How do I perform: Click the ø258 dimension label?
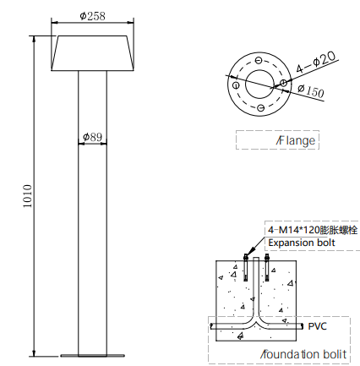[x=92, y=16]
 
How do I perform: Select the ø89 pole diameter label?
[x=92, y=137]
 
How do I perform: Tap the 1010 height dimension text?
[x=28, y=196]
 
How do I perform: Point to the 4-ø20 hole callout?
[x=316, y=62]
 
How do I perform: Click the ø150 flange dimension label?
[x=311, y=90]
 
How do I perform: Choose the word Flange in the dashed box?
[x=296, y=140]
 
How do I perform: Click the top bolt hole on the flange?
[x=259, y=60]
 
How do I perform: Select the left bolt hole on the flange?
[x=236, y=85]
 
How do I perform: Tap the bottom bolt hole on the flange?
[x=261, y=107]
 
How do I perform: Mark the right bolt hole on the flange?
[x=283, y=83]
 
